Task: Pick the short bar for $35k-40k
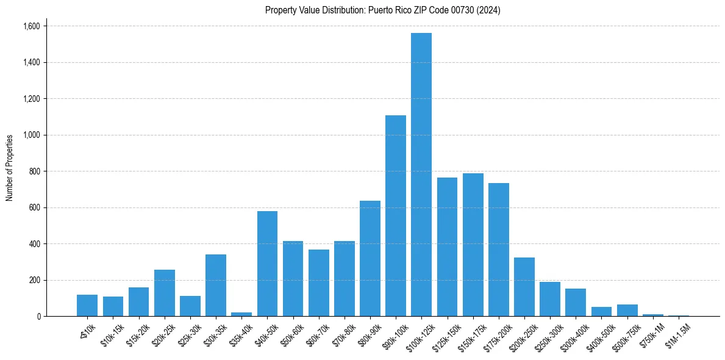tap(241, 314)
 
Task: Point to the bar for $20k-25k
tap(165, 293)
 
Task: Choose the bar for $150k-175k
tap(473, 245)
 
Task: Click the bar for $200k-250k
tap(524, 287)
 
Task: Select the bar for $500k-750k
tap(627, 310)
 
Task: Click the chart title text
tap(383, 10)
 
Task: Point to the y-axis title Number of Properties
tap(10, 168)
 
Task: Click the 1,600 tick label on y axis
tap(31, 26)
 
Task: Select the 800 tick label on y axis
tap(34, 171)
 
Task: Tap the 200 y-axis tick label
tap(34, 280)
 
